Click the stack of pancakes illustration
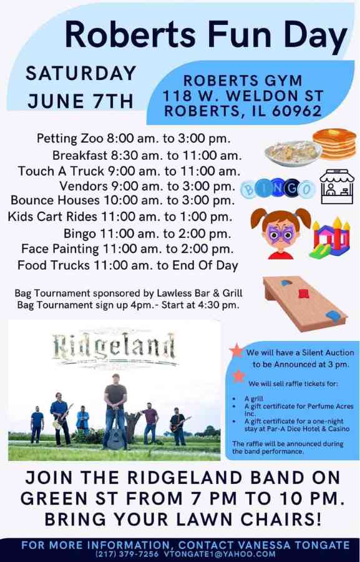pyautogui.click(x=334, y=144)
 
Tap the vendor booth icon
pyautogui.click(x=336, y=186)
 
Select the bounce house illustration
pyautogui.click(x=329, y=237)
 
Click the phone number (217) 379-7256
pyautogui.click(x=127, y=554)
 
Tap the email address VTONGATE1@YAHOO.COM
pyautogui.click(x=220, y=554)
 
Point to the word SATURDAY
pyautogui.click(x=81, y=74)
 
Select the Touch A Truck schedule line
pyautogui.click(x=129, y=171)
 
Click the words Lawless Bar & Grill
pyautogui.click(x=200, y=293)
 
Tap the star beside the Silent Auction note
pyautogui.click(x=236, y=350)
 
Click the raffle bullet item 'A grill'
pyautogui.click(x=253, y=398)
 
